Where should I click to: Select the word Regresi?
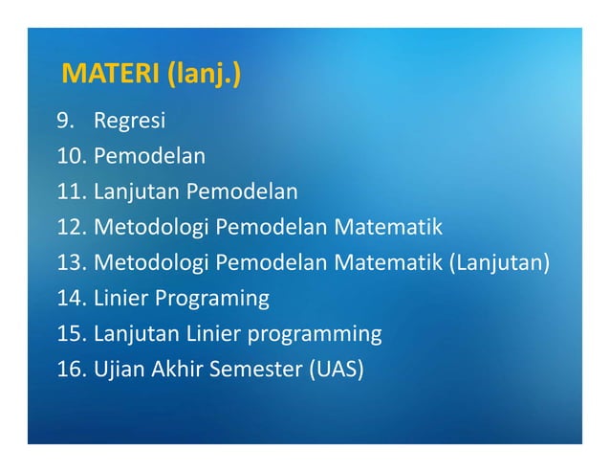(x=129, y=121)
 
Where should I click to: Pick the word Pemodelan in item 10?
(x=149, y=156)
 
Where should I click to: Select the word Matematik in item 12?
(x=387, y=227)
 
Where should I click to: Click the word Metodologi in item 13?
(x=151, y=262)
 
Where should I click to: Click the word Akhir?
(x=172, y=370)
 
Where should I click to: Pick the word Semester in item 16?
(x=254, y=370)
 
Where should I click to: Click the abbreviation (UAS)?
(x=336, y=370)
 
